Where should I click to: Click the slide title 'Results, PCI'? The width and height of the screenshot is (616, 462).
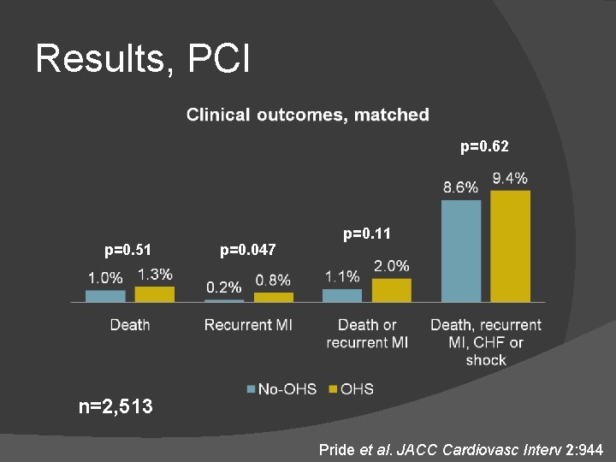[143, 59]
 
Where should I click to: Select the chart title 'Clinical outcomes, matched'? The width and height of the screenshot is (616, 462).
[308, 115]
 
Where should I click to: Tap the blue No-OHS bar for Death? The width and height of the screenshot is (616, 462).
[105, 296]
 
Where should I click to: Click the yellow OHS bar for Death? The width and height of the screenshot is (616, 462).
[155, 293]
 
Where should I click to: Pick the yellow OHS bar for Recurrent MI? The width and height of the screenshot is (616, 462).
[274, 297]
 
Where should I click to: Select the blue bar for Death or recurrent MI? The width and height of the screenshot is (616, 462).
[342, 295]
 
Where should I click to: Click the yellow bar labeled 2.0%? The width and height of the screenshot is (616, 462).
[391, 290]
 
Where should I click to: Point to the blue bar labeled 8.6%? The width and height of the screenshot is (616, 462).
[461, 250]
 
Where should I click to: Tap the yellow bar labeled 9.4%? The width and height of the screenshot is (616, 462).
[510, 246]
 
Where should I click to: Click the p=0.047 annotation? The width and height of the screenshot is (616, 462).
[248, 250]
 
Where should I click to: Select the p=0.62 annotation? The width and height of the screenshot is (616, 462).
[484, 147]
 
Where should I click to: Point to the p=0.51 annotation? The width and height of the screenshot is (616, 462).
[128, 250]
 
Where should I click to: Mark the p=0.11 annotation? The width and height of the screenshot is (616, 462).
[367, 233]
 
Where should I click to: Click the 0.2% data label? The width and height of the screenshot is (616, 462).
[223, 287]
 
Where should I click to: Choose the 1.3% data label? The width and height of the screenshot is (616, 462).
[155, 275]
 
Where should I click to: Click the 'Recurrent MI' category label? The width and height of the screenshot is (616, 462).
[248, 325]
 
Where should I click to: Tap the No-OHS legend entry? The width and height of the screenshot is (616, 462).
[281, 389]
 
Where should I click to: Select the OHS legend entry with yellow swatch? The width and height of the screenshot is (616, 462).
[351, 389]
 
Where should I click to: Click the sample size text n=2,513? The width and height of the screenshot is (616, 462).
[115, 406]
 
